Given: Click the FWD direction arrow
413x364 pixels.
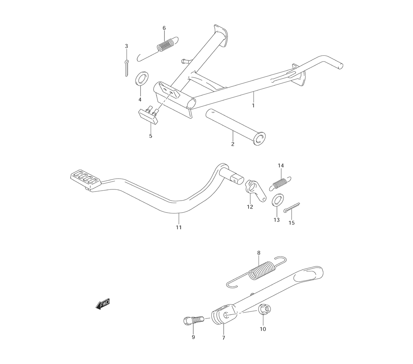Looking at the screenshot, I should tap(103, 304).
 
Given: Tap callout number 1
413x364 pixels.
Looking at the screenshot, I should tap(253, 105).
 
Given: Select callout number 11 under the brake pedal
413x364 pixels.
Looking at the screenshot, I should tap(178, 227).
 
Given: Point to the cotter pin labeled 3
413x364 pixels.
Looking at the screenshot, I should tap(126, 67).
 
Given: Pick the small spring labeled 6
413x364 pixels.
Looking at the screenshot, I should tap(166, 45).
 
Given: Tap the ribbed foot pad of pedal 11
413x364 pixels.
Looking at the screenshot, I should tap(85, 178).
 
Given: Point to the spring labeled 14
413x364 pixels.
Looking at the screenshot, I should tap(282, 182).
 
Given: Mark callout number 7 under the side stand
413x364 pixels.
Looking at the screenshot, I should tap(223, 338).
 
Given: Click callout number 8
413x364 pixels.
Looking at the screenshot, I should tap(259, 253).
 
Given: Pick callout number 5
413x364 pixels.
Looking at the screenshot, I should tap(150, 136).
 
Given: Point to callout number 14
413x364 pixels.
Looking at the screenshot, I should tap(281, 165).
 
